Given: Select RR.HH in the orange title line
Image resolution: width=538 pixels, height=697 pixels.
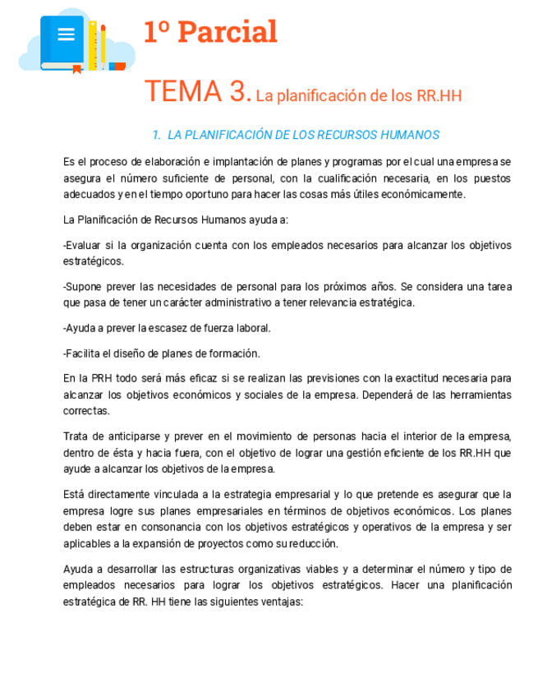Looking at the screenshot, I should (439, 96).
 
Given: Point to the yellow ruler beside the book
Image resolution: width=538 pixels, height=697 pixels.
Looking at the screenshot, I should (94, 45).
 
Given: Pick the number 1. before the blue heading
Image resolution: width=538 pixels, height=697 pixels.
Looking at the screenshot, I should (156, 135).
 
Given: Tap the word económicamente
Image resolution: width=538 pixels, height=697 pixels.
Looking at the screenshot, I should (421, 194).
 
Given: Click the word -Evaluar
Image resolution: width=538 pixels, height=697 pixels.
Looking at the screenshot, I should (84, 245).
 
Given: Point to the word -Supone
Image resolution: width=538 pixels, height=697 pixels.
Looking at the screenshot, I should (83, 286).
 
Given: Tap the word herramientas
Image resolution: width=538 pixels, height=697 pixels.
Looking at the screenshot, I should (476, 395).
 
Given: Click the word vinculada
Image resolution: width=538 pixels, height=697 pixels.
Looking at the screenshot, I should (172, 494).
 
